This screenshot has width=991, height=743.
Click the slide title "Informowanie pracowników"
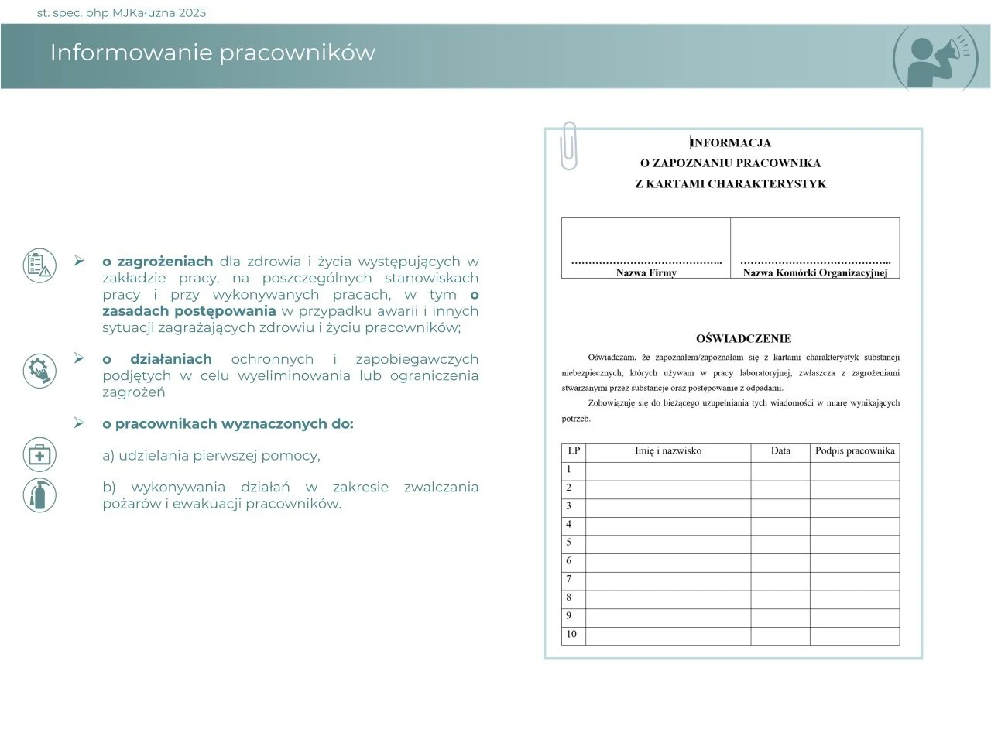click(x=212, y=53)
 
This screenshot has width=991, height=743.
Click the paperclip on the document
click(x=569, y=146)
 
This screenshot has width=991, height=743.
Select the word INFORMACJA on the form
click(x=731, y=142)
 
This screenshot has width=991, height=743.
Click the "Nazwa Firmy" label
click(x=646, y=272)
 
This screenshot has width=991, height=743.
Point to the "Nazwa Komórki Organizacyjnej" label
click(x=814, y=272)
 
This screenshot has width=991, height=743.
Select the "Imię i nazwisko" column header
click(x=667, y=450)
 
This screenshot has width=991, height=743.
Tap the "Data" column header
click(x=780, y=450)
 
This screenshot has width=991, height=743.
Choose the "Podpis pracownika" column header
click(x=855, y=450)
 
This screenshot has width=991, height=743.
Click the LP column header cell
click(x=574, y=450)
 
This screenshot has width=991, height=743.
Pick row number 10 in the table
click(x=571, y=634)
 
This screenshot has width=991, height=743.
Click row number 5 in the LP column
click(x=569, y=542)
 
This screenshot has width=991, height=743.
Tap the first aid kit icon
click(x=39, y=455)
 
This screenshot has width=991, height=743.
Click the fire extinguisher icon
click(x=39, y=495)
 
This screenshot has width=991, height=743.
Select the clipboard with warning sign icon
click(x=39, y=265)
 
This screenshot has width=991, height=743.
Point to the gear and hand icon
click(x=39, y=370)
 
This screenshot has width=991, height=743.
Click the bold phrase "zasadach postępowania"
click(x=189, y=311)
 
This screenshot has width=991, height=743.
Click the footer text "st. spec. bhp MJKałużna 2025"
click(x=122, y=13)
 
